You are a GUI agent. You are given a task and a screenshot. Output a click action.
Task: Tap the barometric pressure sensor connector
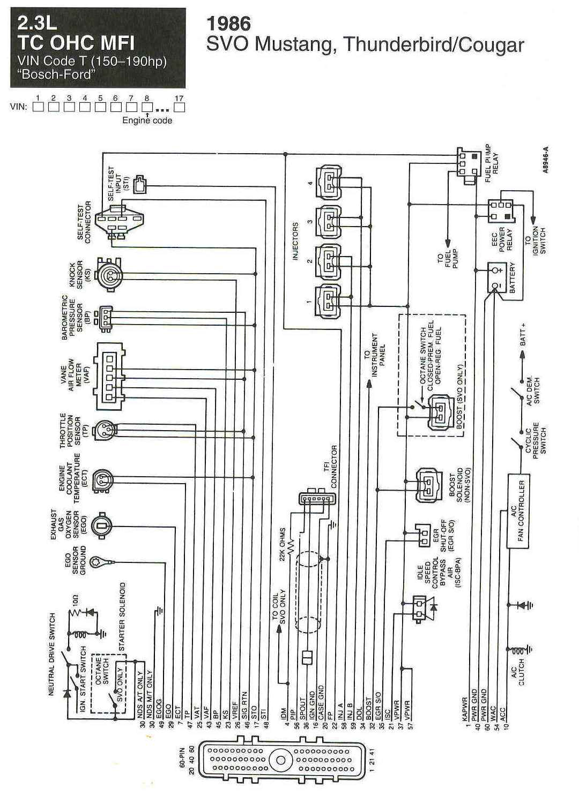point(106,317)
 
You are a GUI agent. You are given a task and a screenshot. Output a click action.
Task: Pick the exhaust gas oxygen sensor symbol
point(101,524)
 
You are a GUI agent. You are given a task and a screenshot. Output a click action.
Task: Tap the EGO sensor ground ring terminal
point(99,561)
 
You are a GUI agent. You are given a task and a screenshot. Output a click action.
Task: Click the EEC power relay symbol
point(500,211)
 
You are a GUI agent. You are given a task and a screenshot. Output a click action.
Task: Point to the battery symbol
point(498,277)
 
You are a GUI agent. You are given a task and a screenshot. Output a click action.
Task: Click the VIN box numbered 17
point(180,106)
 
